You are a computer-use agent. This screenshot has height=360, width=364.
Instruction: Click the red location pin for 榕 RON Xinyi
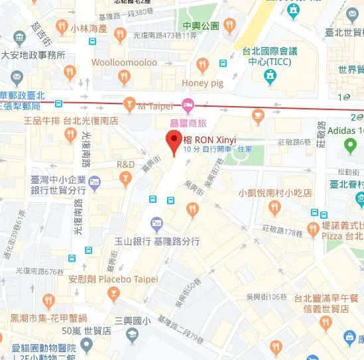[174, 141]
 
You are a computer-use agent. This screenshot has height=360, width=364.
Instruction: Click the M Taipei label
[155, 105]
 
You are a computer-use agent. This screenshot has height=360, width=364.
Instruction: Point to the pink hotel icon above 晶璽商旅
[188, 103]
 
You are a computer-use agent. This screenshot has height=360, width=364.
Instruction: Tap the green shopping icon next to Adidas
[351, 146]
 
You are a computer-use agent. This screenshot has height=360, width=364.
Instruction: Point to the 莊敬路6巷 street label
[294, 141]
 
